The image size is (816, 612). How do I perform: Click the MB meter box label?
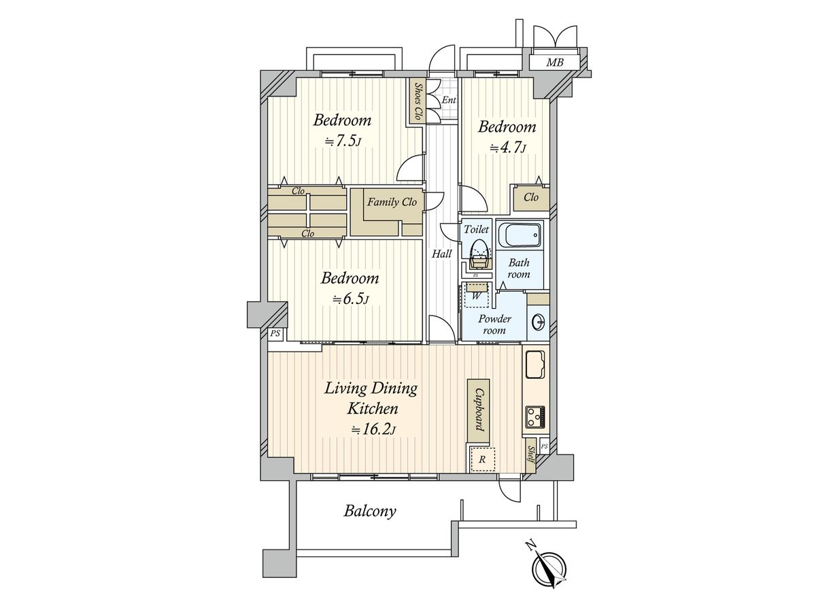(x=554, y=63)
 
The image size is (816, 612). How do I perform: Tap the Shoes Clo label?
(x=418, y=101)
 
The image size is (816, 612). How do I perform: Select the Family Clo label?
(x=392, y=202)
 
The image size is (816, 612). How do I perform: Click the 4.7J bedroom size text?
(x=507, y=148)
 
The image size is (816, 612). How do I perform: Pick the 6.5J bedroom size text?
(x=350, y=299)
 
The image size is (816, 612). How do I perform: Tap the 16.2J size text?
(x=373, y=430)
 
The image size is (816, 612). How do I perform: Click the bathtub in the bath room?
(x=519, y=235)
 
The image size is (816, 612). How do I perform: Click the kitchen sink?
(x=535, y=364)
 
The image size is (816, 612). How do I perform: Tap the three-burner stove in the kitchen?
(x=536, y=417)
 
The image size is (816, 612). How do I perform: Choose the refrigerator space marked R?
(x=482, y=459)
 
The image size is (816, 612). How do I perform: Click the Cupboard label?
(x=479, y=411)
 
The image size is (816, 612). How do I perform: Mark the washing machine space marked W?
(x=475, y=296)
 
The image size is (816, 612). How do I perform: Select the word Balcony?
(x=370, y=511)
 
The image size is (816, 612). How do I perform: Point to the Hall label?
(x=441, y=254)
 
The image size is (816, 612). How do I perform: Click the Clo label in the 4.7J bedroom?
(x=531, y=197)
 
